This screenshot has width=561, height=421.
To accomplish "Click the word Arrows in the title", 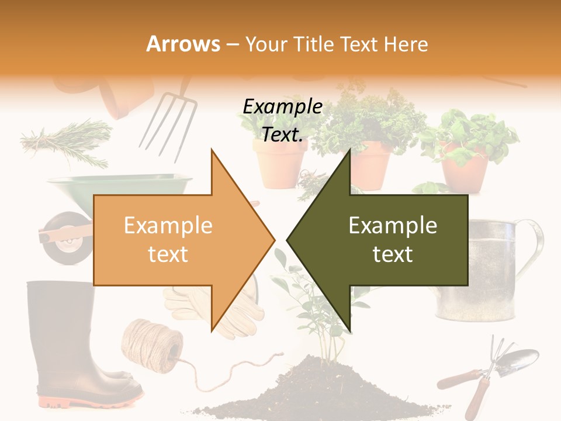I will pos(183,44).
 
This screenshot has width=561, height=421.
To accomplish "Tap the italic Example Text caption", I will pos(282,120).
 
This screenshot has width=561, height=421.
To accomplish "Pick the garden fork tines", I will pos(167,126).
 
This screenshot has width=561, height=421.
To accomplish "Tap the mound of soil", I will pos(327,389).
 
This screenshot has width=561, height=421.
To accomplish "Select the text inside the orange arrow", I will pos(168,240).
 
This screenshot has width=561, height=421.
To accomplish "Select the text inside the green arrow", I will pos(393,240).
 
